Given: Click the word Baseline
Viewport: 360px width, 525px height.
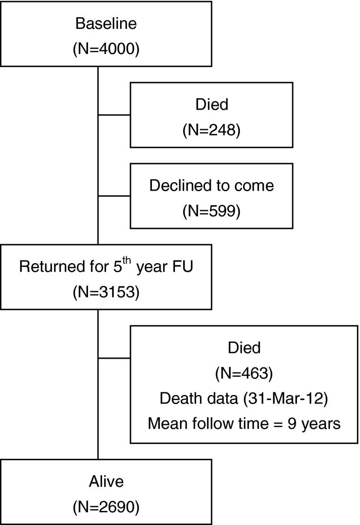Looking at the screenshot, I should pos(106,24).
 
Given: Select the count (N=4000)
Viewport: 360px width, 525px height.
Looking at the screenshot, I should pos(106,48).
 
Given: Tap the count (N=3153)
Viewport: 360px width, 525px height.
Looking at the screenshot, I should pos(106,292).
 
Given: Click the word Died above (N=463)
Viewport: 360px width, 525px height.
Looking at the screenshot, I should pos(243,348).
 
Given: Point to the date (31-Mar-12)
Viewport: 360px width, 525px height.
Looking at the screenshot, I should pos(284,399).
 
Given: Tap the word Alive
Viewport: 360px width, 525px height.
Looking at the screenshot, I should pos(106,482).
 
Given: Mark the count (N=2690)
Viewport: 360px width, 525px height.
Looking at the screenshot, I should pos(106,506).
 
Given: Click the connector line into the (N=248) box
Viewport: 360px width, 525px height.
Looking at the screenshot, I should pos(114,115).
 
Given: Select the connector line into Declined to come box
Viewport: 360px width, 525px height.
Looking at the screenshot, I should pos(114,196).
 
